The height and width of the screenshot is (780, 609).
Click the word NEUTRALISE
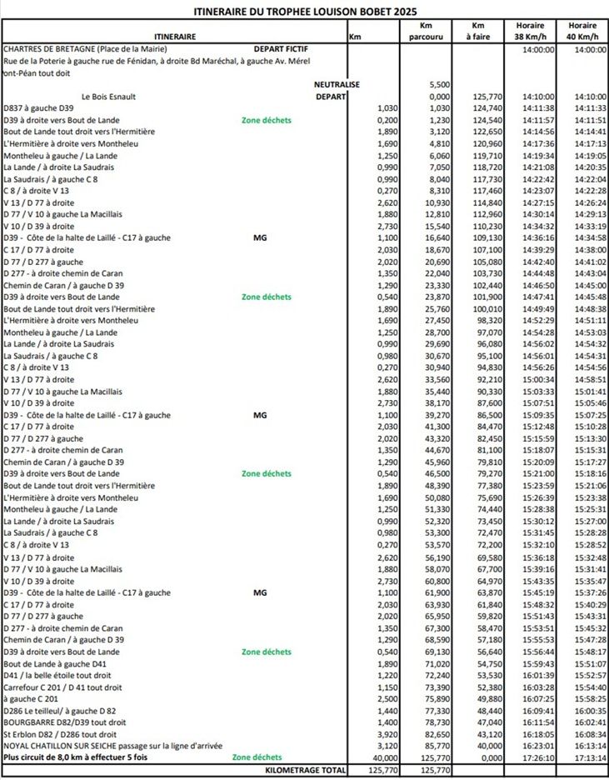tap(337, 85)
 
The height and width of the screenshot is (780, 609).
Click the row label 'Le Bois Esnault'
tap(108, 97)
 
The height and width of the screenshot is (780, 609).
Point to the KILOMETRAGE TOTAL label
tap(304, 769)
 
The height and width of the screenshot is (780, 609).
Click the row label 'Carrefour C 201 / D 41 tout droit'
tap(62, 687)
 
